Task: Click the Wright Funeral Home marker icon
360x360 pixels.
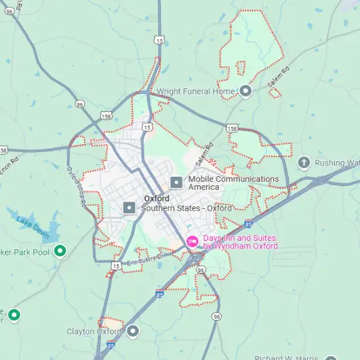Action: tap(245, 92)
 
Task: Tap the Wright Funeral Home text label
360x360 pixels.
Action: tap(196, 92)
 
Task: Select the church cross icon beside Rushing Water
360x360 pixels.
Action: tap(304, 162)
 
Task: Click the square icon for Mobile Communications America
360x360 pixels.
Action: tap(175, 183)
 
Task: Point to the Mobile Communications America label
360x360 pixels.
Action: tap(233, 183)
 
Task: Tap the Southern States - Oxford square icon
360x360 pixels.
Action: tap(130, 208)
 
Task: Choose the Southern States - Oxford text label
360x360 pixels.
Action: tap(187, 208)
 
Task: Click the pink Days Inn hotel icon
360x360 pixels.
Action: tap(192, 242)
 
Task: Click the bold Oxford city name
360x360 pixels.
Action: tap(156, 198)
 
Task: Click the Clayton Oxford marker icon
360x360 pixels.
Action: tap(134, 331)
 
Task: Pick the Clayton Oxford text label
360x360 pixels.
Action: tap(94, 332)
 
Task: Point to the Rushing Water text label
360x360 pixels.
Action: tap(337, 163)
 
